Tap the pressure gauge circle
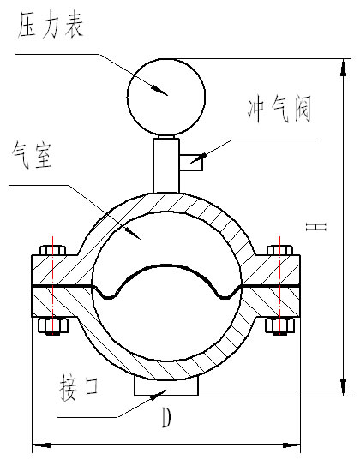click(167, 94)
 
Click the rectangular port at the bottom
click(166, 387)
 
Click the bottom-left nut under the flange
click(53, 325)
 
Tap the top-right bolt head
click(279, 252)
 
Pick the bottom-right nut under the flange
click(279, 325)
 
